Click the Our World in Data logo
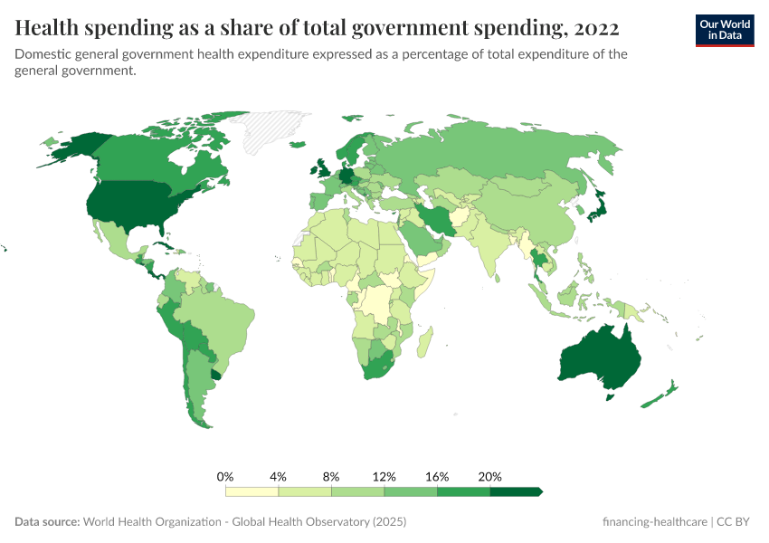point(724,30)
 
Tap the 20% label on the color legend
point(489,476)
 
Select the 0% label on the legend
point(226,476)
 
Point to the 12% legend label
point(384,476)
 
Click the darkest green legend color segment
point(514,491)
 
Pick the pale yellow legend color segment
point(252,491)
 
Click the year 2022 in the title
point(595,28)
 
